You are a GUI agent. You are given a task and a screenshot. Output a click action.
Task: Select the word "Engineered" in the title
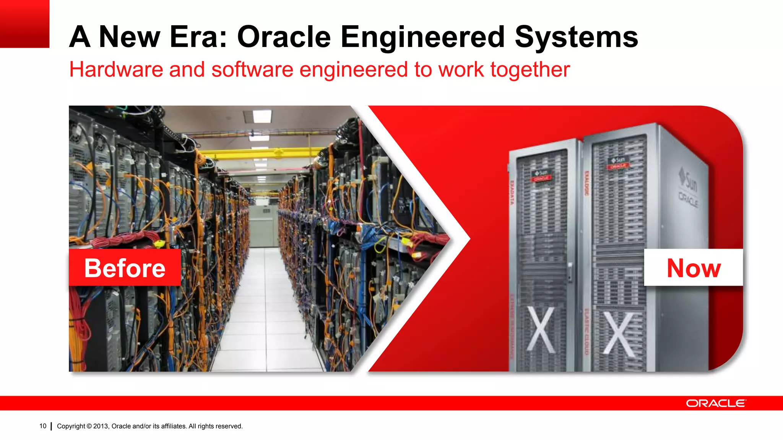point(422,37)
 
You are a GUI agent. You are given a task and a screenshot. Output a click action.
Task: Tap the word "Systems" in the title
point(576,37)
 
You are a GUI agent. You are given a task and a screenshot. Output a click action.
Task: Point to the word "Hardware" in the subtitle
point(116,70)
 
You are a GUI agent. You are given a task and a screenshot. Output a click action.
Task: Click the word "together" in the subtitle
point(530,70)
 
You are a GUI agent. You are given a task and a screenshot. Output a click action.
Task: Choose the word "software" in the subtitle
point(252,70)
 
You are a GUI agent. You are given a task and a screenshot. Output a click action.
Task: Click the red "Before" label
point(125,268)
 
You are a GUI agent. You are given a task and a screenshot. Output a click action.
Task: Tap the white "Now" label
point(694,268)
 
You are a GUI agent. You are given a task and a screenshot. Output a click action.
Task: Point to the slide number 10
point(43,426)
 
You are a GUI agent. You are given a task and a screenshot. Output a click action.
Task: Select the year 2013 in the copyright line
point(101,426)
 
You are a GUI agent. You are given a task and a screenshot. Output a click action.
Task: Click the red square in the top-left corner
point(24,24)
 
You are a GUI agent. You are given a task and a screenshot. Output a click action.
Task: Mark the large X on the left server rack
point(541,329)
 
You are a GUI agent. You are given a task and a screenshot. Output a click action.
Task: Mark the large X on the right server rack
point(619,333)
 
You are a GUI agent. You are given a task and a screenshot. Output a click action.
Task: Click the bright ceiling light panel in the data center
point(262,116)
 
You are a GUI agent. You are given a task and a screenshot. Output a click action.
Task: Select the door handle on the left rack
point(570,271)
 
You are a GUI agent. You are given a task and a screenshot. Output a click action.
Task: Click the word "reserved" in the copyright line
point(228,426)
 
